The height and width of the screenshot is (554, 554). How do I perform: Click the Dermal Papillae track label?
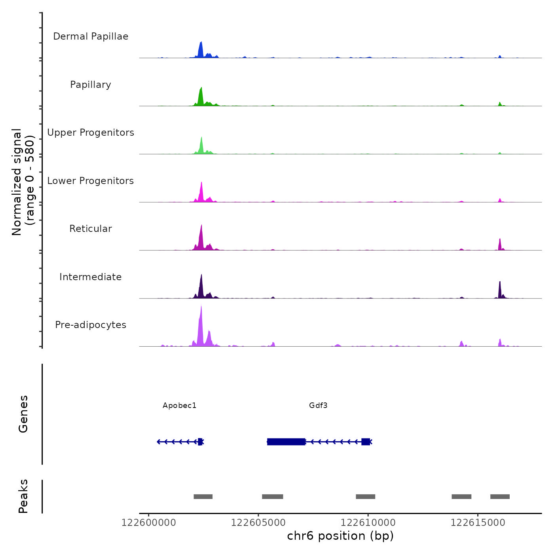click(91, 36)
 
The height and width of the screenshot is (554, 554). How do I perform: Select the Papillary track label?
click(91, 85)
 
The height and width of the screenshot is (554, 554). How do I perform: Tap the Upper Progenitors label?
click(91, 133)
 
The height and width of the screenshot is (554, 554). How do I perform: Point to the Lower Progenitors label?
click(91, 181)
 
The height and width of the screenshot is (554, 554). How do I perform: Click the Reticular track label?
click(91, 229)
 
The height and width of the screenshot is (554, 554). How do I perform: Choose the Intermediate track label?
click(91, 277)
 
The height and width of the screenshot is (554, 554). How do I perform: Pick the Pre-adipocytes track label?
click(91, 325)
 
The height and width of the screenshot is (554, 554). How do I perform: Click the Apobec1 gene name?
click(179, 406)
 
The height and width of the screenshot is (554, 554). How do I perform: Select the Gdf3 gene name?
click(318, 406)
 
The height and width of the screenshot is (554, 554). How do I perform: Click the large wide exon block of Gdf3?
click(286, 442)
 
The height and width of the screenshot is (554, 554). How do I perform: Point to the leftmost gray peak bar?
click(203, 497)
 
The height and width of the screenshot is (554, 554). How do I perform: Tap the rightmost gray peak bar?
click(500, 497)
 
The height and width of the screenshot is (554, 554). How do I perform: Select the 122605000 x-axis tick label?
click(258, 523)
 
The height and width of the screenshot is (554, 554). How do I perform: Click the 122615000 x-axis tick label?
click(478, 523)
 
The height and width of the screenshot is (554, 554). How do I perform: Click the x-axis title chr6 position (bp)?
click(340, 536)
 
